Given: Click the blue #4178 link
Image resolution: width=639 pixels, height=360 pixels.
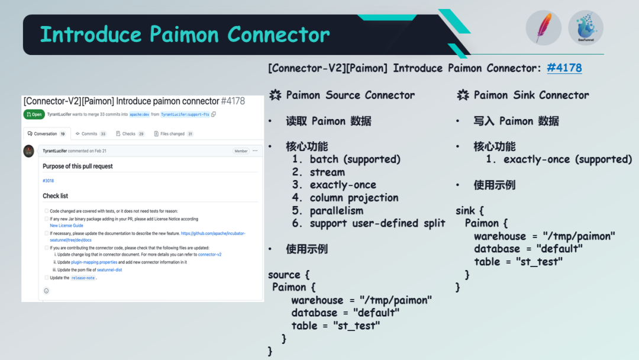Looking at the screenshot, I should click(564, 68).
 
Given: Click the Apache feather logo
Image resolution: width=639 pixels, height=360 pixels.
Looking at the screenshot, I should click(543, 28).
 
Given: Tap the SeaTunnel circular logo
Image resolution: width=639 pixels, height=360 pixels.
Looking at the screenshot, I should click(586, 28).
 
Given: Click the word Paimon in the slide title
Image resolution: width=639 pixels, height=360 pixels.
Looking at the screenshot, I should click(185, 34).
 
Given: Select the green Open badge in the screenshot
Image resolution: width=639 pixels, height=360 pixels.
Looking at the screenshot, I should click(34, 114).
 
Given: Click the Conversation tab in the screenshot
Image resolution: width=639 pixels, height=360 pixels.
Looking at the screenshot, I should click(46, 134).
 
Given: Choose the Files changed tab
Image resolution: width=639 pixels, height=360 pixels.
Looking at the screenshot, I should click(173, 134).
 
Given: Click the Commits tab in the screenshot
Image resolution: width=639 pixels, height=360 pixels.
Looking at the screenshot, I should click(90, 134).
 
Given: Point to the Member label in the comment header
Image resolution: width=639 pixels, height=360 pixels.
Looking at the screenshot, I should click(241, 151).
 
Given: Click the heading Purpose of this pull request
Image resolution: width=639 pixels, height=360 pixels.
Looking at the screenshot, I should click(78, 166).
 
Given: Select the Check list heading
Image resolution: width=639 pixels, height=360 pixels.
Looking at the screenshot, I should click(55, 196).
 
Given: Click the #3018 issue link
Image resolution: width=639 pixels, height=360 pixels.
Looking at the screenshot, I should click(48, 181).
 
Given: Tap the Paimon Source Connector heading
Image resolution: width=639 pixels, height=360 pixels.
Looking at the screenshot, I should click(350, 95).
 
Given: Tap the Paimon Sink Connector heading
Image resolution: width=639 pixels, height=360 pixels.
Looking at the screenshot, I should click(531, 95).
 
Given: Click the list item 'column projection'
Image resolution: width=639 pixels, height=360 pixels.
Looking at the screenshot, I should click(354, 198).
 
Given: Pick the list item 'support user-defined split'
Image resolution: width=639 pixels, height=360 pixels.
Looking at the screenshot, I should click(377, 223).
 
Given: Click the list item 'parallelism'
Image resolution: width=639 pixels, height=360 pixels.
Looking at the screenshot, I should click(337, 211).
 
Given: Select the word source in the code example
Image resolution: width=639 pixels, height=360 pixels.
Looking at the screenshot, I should click(284, 275).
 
